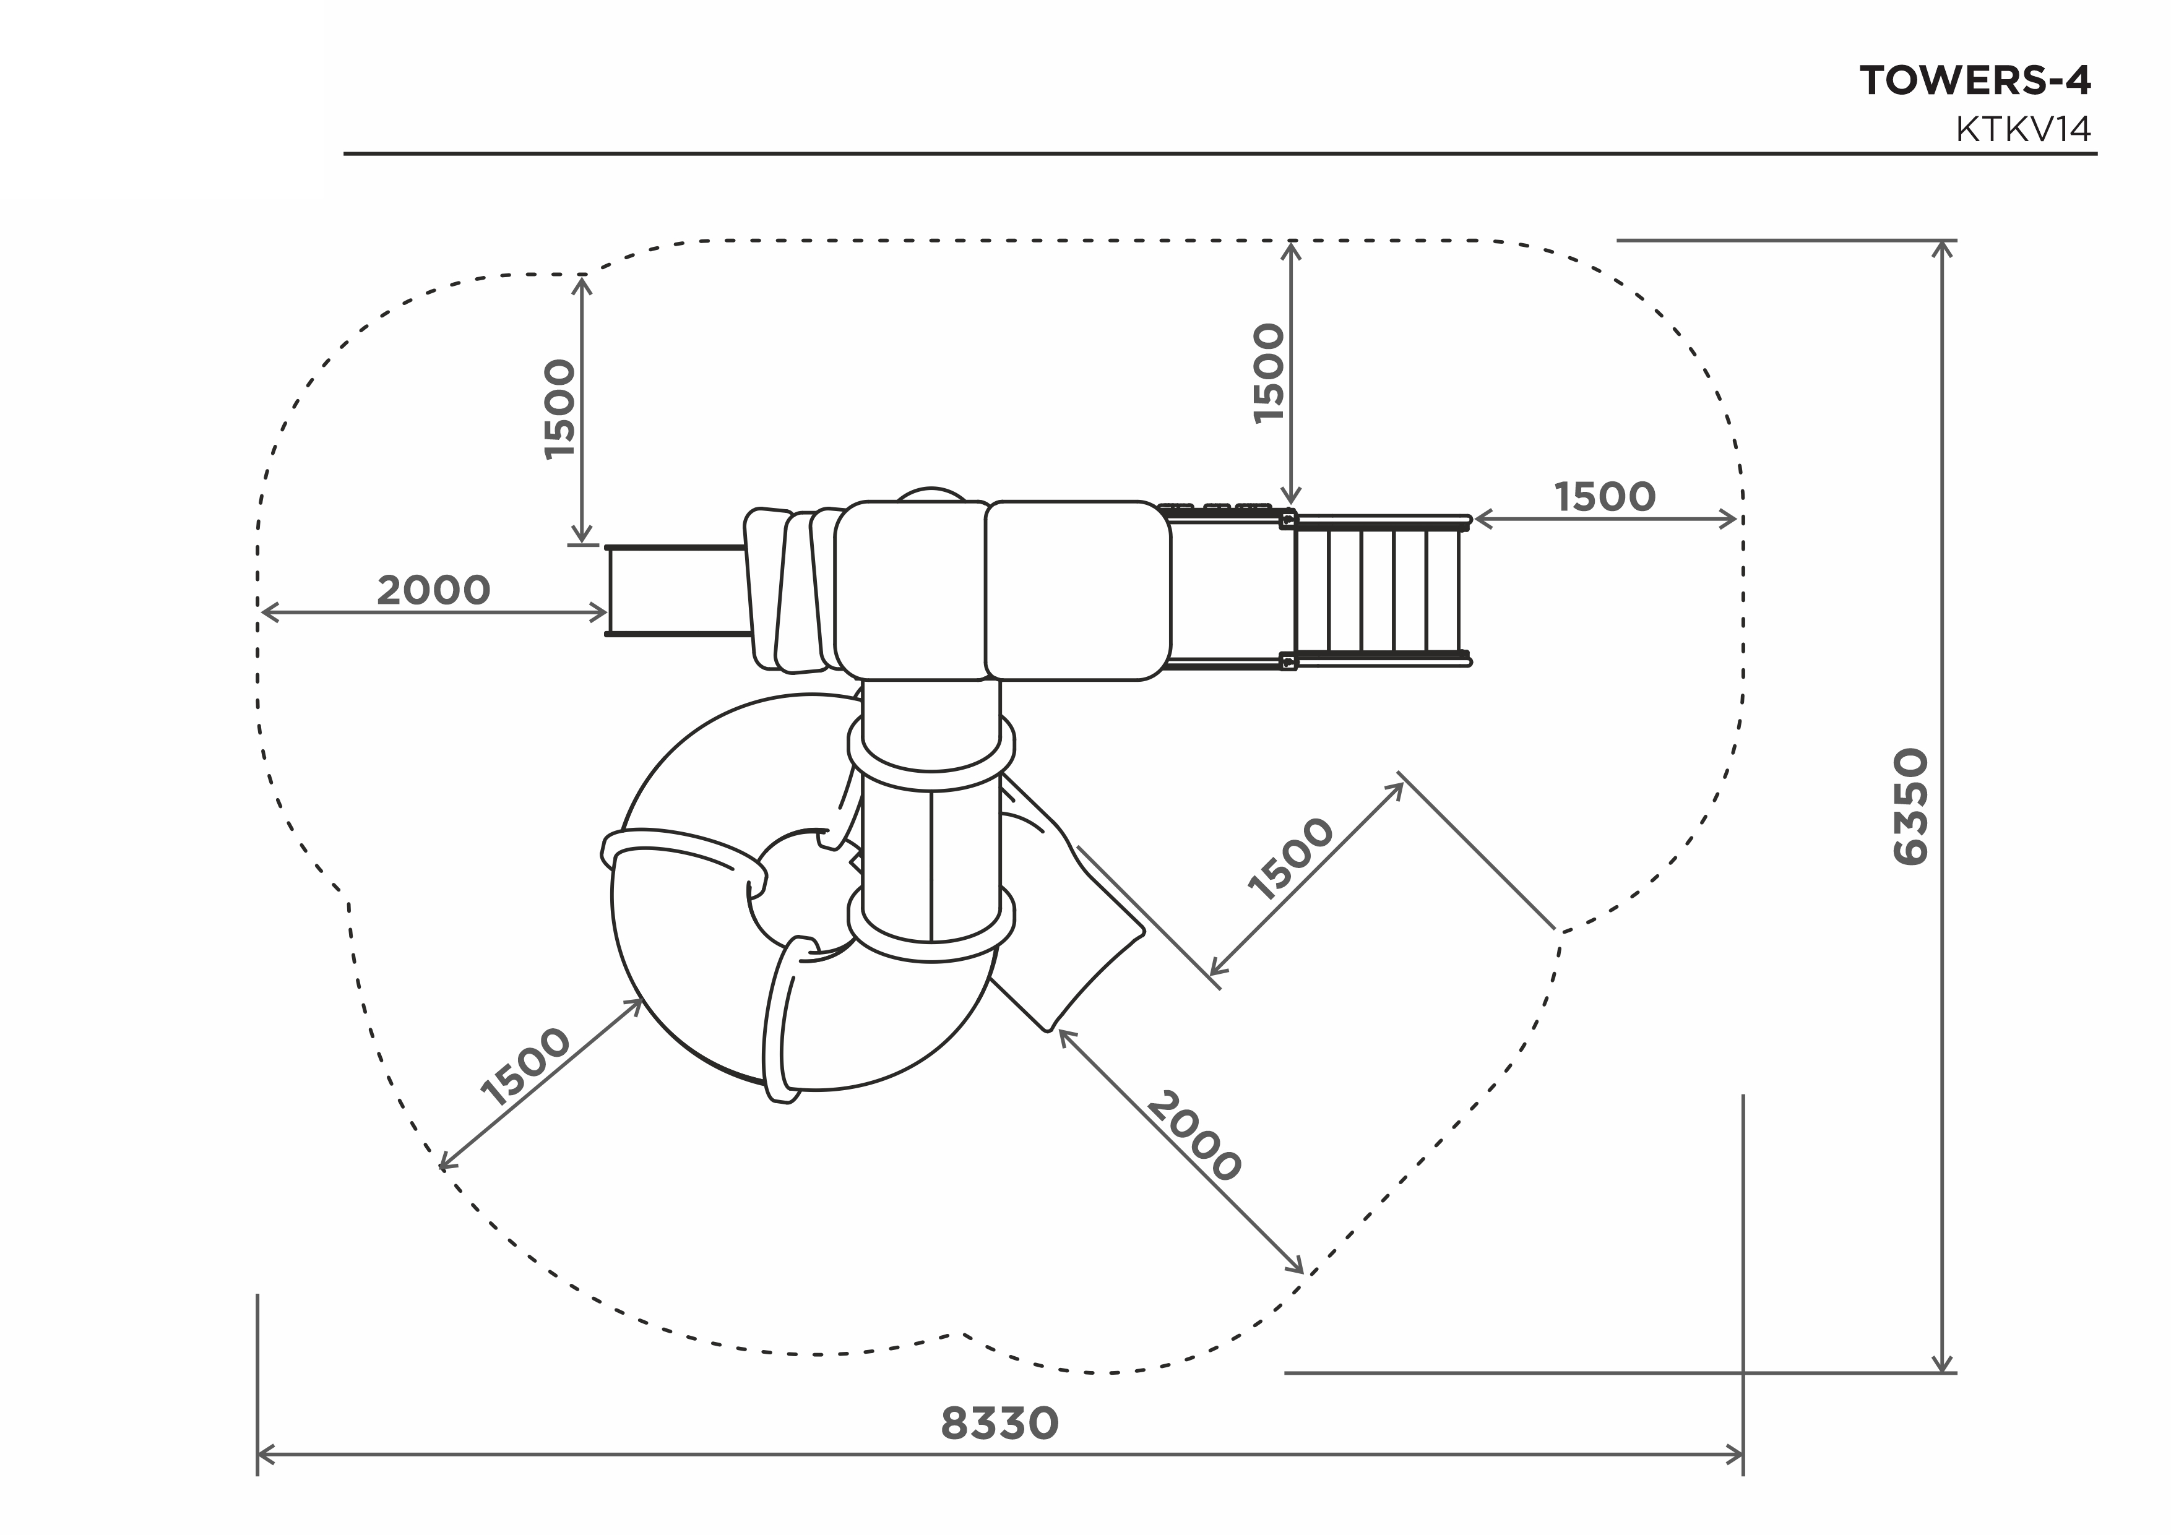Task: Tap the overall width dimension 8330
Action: click(x=999, y=1424)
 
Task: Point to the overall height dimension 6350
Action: click(x=1911, y=806)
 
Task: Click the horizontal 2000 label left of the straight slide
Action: click(x=433, y=591)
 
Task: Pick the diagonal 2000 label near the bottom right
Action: click(x=1193, y=1136)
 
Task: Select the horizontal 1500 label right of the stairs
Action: click(x=1605, y=496)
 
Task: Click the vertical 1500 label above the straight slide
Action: click(x=560, y=409)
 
